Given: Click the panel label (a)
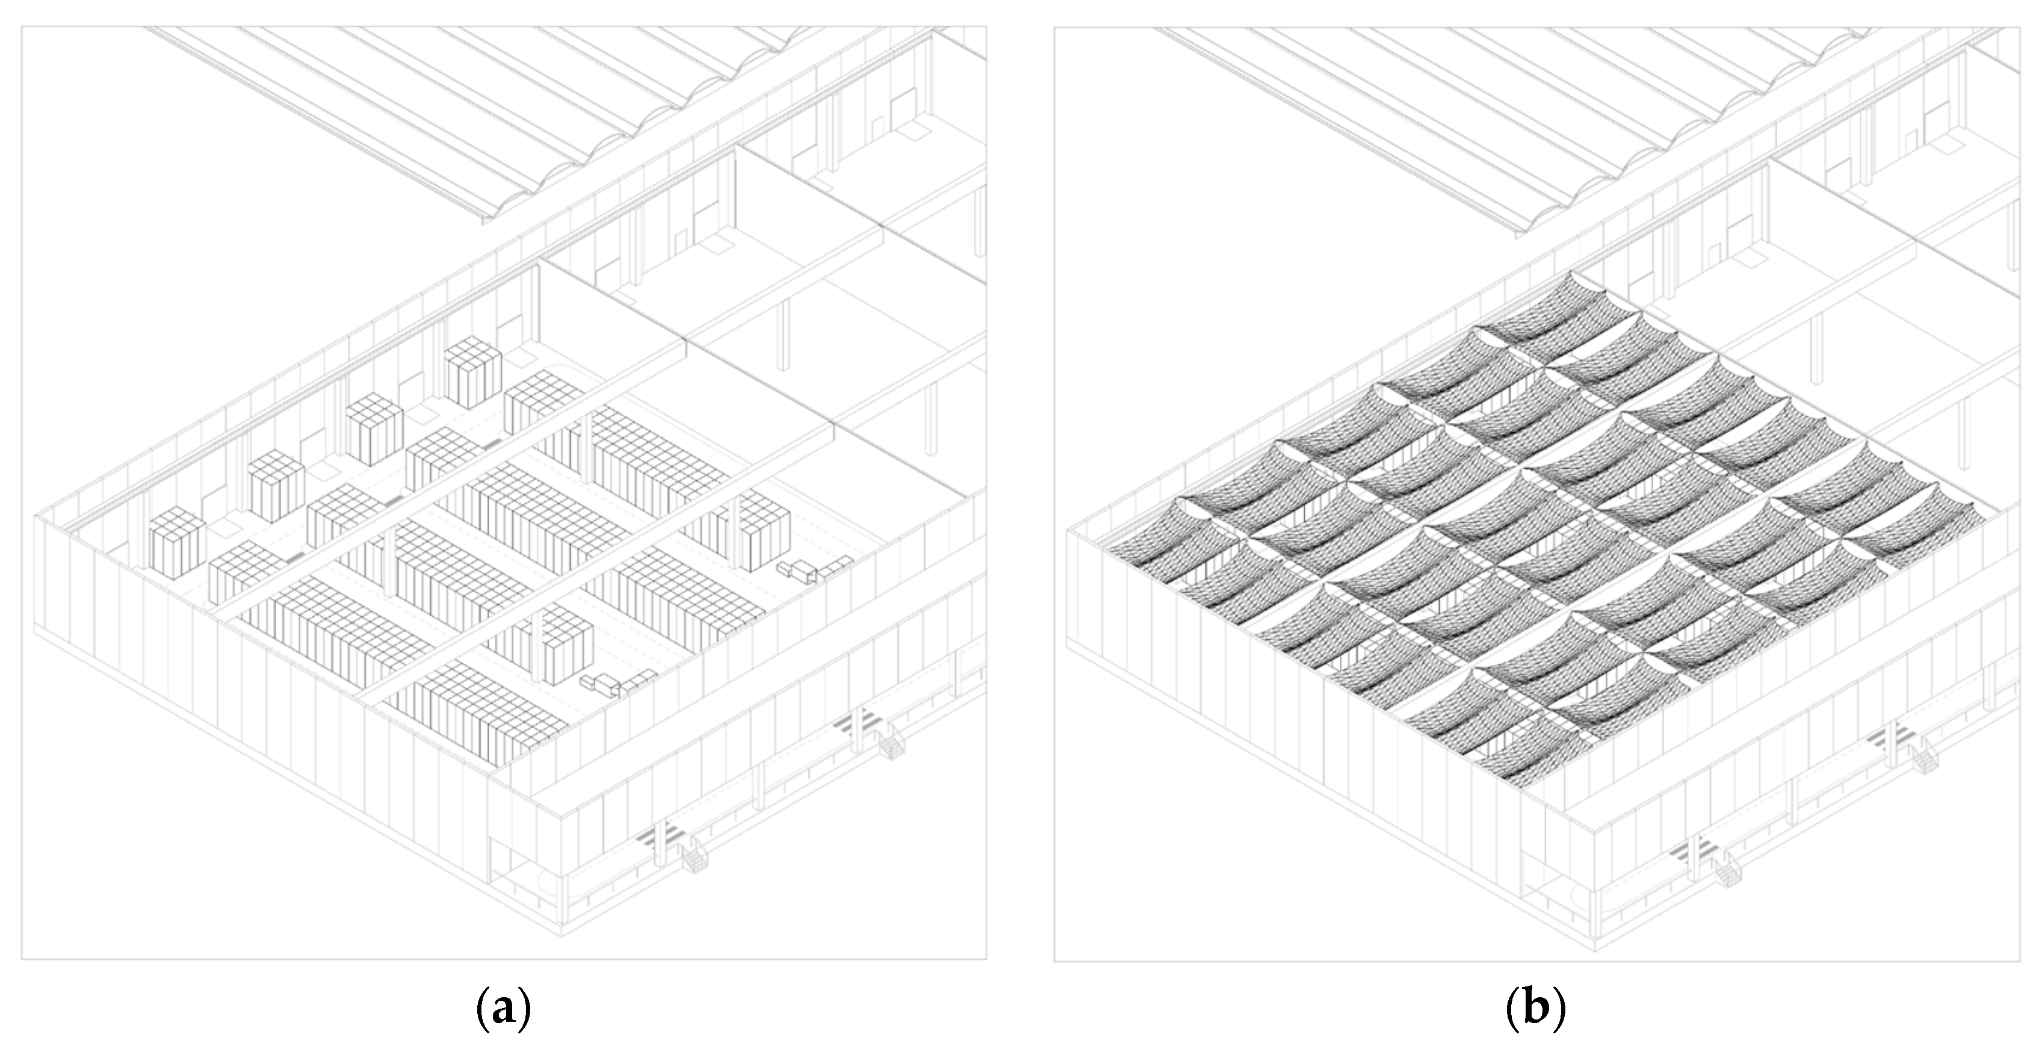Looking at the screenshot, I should click(503, 1010).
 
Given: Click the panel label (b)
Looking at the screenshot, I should click(1535, 1010).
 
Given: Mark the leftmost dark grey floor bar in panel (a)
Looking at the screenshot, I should click(294, 559).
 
